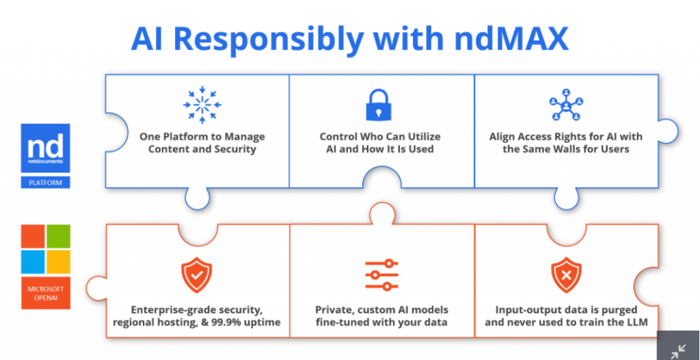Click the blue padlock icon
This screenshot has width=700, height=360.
click(381, 105)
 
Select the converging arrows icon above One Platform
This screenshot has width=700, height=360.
click(202, 105)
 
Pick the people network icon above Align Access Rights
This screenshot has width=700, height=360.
click(566, 105)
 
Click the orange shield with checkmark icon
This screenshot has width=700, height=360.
click(196, 275)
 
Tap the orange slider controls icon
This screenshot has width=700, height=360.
click(381, 275)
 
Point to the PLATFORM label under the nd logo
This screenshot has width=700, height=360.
click(45, 182)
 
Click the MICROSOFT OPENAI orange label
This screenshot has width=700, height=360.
click(45, 293)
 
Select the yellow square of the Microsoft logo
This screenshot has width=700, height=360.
click(57, 260)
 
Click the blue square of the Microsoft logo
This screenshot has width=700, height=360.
click(32, 260)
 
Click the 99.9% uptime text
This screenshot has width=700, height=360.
click(252, 322)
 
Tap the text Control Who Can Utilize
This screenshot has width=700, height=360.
click(381, 137)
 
